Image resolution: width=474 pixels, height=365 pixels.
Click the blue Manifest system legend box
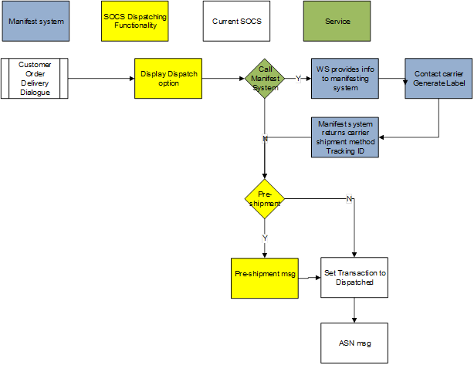35,21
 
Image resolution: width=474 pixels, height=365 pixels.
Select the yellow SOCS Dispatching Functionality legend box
134,21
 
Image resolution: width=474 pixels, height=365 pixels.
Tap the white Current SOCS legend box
237,21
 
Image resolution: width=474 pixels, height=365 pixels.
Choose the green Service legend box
337,21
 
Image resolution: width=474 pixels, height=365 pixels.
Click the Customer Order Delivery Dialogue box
35,78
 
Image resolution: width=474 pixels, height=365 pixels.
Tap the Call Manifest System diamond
265,78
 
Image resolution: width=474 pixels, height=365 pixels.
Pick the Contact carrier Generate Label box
438,78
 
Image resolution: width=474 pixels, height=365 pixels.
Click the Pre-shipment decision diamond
265,199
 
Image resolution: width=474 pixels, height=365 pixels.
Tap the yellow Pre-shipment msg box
265,278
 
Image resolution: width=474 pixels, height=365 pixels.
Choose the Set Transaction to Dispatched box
354,278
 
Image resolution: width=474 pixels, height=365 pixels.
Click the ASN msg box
354,343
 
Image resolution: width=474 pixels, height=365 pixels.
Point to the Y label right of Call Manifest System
299,78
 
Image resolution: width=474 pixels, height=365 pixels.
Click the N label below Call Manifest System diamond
265,138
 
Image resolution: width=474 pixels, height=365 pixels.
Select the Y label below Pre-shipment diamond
265,238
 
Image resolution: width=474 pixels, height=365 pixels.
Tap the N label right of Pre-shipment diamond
349,199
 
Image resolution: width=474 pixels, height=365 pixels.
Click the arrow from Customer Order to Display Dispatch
101,78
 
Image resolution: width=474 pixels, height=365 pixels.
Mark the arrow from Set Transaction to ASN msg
354,310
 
